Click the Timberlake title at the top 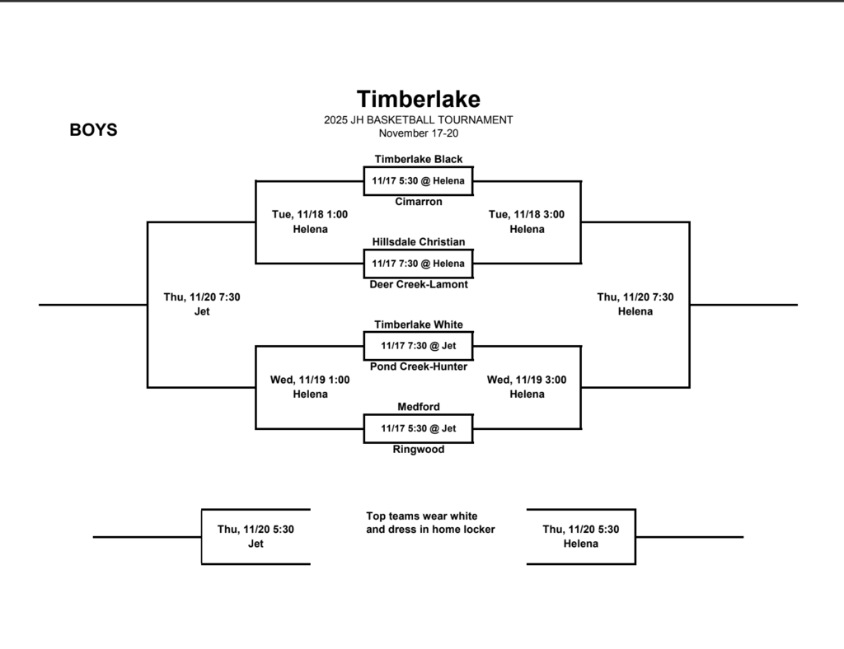click(418, 100)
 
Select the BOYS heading click(93, 130)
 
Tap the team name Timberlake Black click(418, 159)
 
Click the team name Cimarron click(418, 202)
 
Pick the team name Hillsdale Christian click(418, 242)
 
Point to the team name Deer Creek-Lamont click(418, 285)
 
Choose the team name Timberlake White click(418, 324)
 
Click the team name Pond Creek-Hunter click(418, 367)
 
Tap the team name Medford click(418, 407)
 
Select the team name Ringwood click(418, 450)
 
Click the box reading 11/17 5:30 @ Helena click(418, 180)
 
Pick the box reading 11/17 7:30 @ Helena click(418, 264)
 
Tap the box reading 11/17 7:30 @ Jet click(418, 346)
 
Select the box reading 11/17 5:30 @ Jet click(418, 428)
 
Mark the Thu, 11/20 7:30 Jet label click(202, 304)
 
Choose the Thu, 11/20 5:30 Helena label click(580, 536)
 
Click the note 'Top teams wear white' click(421, 516)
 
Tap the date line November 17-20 click(418, 133)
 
